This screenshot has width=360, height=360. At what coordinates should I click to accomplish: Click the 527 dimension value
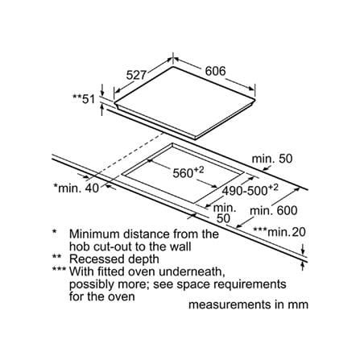pyautogui.click(x=137, y=75)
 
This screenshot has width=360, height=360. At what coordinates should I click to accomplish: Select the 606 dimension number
pyautogui.click(x=215, y=71)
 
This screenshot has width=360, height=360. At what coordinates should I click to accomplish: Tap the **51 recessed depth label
pyautogui.click(x=84, y=99)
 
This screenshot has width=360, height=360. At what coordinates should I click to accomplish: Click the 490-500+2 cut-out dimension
pyautogui.click(x=250, y=190)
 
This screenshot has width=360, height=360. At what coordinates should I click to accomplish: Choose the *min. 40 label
pyautogui.click(x=77, y=188)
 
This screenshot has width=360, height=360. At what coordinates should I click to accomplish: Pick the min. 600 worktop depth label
pyautogui.click(x=274, y=210)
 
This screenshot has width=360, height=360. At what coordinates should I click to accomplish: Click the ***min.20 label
pyautogui.click(x=279, y=232)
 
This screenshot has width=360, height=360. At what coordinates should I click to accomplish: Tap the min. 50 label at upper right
pyautogui.click(x=272, y=159)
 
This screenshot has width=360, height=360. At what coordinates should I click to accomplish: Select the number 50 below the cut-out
pyautogui.click(x=223, y=218)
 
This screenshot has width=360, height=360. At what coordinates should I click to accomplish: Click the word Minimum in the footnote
pyautogui.click(x=95, y=234)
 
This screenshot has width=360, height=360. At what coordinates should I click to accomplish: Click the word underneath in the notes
pyautogui.click(x=192, y=271)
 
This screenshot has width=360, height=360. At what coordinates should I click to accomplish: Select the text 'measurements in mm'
pyautogui.click(x=248, y=304)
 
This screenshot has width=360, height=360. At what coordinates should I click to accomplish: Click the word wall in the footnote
pyautogui.click(x=182, y=246)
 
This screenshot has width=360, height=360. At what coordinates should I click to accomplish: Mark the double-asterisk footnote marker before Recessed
pyautogui.click(x=57, y=257)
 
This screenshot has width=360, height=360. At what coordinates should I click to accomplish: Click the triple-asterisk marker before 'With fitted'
pyautogui.click(x=60, y=270)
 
